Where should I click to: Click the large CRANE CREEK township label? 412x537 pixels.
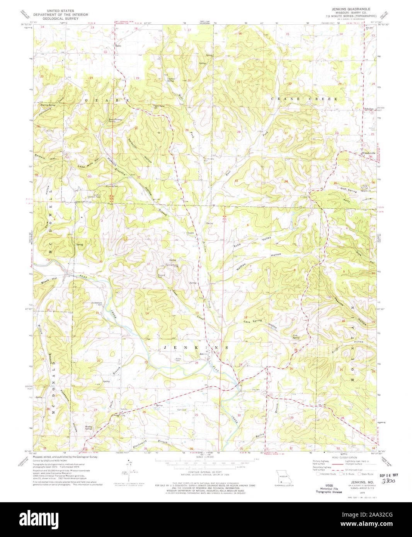[305, 99]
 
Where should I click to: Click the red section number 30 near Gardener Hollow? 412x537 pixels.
[136, 128]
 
